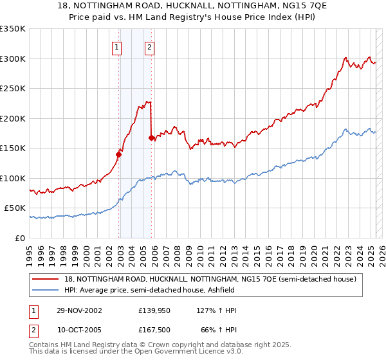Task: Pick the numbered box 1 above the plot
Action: [116, 46]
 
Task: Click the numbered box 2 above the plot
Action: [149, 46]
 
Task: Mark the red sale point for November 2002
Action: [118, 154]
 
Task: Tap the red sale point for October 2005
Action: [151, 138]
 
